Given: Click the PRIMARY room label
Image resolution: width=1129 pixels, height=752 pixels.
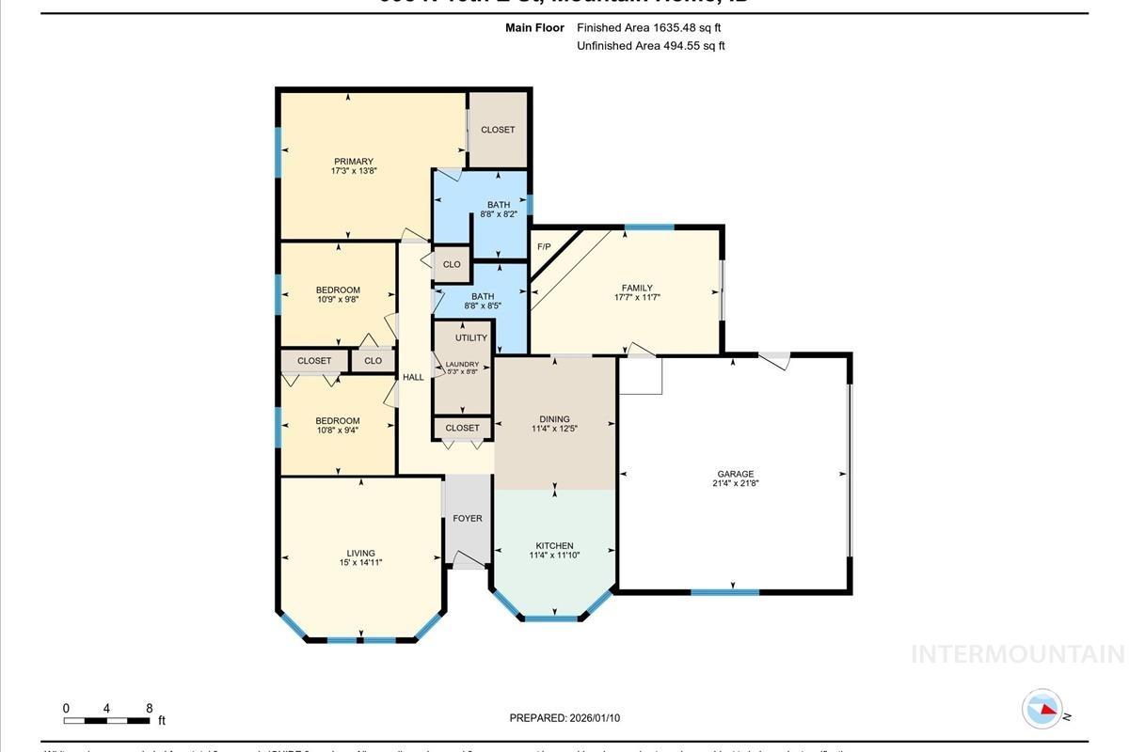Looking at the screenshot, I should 353,162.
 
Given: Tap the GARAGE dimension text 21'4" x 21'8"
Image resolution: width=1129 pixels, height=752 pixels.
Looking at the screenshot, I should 735,484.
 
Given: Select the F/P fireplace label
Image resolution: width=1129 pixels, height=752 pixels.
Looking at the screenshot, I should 543,247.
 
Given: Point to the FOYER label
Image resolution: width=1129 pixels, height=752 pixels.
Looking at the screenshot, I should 468,518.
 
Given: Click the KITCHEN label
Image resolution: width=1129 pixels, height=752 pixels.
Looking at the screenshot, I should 554,545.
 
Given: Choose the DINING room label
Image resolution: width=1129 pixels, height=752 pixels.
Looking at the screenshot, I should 554,419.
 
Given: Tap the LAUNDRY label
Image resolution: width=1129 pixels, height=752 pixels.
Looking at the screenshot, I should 462,364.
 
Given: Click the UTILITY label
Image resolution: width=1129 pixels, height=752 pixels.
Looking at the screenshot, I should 471,338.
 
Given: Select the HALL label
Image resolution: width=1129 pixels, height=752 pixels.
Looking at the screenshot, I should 413,377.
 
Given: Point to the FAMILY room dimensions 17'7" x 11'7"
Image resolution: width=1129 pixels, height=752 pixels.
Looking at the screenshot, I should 637,298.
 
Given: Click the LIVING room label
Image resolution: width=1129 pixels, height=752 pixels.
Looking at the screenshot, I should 360,553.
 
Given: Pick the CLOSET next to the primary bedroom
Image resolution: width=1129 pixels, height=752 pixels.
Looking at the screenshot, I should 498,130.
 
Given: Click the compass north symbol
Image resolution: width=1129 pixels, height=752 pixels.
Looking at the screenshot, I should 1043,709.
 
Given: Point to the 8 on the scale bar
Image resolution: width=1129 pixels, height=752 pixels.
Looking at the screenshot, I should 149,708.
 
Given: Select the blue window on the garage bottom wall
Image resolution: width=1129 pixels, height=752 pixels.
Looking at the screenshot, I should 724,592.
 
